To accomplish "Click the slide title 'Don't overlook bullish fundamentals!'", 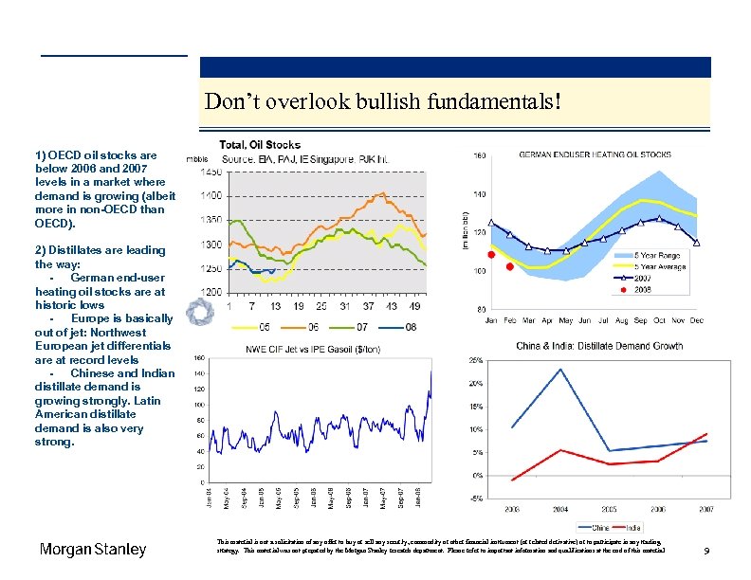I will click(383, 101).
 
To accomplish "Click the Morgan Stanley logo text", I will click(93, 550).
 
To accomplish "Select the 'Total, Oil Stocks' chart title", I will click(260, 145).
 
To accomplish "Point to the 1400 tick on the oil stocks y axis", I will click(211, 195).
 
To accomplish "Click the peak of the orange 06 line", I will click(380, 194).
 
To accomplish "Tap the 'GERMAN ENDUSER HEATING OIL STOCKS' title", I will click(595, 154).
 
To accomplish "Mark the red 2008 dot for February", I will click(509, 267).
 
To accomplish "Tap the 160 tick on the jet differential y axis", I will click(199, 359).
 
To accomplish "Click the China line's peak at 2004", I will click(560, 370).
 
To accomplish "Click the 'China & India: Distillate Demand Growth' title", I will click(598, 346).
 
